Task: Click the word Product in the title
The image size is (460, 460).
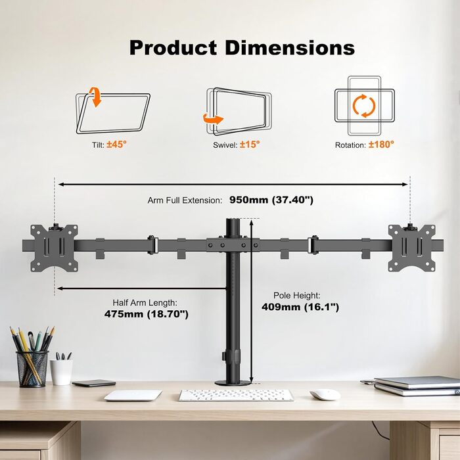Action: click(173, 47)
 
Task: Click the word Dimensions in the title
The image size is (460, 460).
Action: click(290, 47)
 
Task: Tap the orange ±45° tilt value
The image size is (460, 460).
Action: click(116, 145)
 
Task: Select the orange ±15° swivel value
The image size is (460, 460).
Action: click(250, 145)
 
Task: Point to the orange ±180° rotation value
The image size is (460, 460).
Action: click(381, 145)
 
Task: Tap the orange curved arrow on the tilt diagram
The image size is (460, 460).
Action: click(95, 97)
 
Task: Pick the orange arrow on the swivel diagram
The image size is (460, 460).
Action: click(214, 119)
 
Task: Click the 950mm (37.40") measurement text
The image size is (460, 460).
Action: click(271, 200)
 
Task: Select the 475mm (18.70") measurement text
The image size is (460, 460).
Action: click(147, 314)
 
